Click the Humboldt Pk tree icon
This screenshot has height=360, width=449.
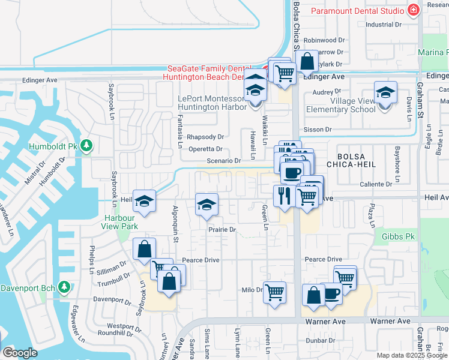(x=86, y=146)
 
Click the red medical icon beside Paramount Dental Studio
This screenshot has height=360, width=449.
(x=412, y=10)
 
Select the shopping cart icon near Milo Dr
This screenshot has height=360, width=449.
(x=274, y=292)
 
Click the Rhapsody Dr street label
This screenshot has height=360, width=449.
(x=205, y=137)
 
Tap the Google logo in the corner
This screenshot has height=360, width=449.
(x=19, y=353)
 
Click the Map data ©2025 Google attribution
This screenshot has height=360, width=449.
(x=412, y=355)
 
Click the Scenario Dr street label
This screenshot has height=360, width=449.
(x=223, y=161)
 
